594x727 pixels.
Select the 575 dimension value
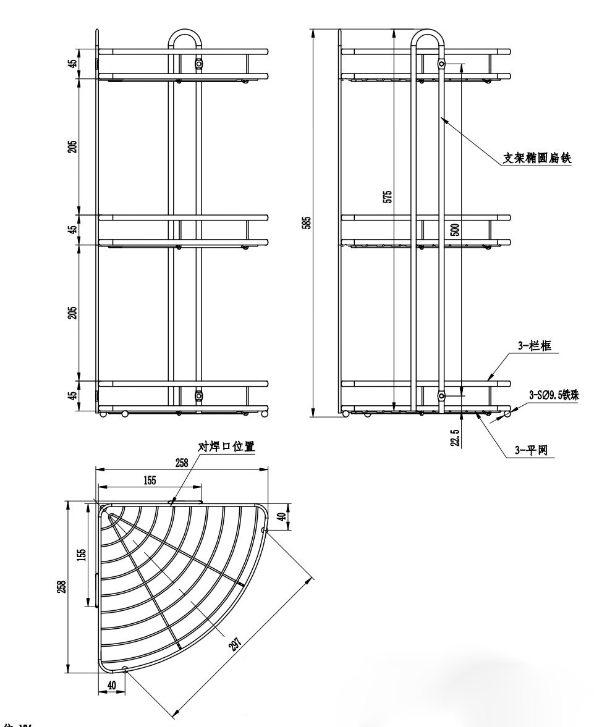(x=388, y=197)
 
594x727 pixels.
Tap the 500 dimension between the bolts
(x=456, y=230)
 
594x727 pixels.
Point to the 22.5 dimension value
(x=455, y=437)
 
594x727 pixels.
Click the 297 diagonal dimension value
(x=235, y=644)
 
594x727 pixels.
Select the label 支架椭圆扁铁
(x=537, y=158)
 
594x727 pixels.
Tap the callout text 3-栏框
(x=530, y=347)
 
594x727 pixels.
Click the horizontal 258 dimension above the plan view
(x=182, y=463)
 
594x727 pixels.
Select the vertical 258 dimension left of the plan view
(x=61, y=586)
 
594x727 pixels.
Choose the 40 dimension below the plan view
(x=111, y=684)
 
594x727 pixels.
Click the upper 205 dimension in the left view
(x=73, y=146)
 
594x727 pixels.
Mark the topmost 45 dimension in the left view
(x=73, y=64)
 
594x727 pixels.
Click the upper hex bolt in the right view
(x=441, y=64)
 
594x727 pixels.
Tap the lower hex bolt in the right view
(x=441, y=395)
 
